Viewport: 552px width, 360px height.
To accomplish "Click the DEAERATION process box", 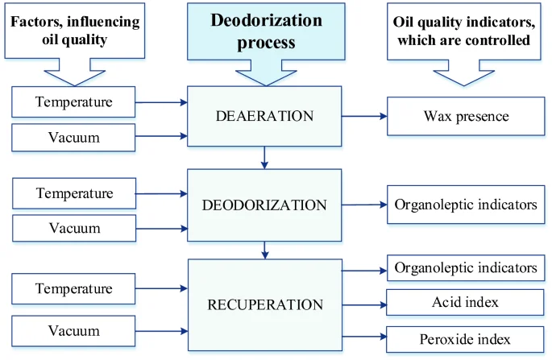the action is coord(264,116).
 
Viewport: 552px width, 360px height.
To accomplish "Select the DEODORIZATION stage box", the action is coord(264,205).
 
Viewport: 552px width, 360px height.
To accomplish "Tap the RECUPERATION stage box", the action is coord(265,304).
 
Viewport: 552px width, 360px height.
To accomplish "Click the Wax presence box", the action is coord(466,116).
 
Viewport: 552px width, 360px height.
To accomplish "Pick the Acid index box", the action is coord(465,302).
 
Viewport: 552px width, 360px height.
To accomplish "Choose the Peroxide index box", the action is coord(465,339).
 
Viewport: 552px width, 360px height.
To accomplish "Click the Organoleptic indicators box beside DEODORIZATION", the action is coord(466,205).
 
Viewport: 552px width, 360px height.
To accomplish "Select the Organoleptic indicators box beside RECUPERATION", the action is coord(466,268).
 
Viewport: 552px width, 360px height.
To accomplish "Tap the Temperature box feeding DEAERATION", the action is coord(73,102).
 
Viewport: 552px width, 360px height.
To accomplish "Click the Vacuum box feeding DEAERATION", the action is coord(73,137).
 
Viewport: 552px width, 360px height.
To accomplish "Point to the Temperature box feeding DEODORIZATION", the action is coord(74,193).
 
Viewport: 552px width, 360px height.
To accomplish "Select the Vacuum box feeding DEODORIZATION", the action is coord(74,228).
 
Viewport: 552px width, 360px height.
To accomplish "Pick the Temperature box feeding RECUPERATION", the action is coord(73,288).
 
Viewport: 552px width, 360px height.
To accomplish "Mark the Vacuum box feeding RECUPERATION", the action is coord(73,331).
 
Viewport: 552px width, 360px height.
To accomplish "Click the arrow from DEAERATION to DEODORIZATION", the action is coord(264,158).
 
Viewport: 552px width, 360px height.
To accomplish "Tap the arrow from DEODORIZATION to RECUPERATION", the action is coord(265,250).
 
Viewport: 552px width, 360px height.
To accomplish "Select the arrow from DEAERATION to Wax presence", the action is coord(364,116).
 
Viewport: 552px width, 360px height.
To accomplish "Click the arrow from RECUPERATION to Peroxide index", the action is coord(364,337).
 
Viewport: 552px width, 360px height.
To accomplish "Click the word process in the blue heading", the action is coord(266,43).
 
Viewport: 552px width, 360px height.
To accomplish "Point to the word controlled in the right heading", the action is coord(496,39).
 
